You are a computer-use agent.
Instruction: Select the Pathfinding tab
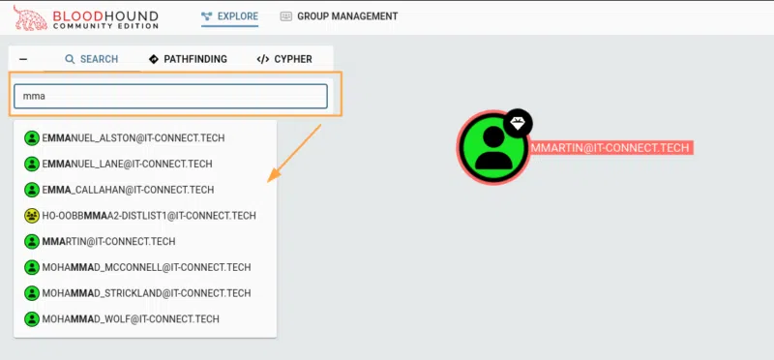[x=188, y=59]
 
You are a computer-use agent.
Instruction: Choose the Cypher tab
[x=284, y=59]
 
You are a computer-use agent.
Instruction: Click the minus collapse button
[x=22, y=59]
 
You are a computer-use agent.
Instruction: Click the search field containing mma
[x=170, y=96]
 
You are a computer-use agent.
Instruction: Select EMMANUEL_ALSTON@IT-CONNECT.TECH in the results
[x=127, y=138]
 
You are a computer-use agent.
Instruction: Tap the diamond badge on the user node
[x=519, y=123]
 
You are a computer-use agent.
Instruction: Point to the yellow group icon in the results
[x=31, y=216]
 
